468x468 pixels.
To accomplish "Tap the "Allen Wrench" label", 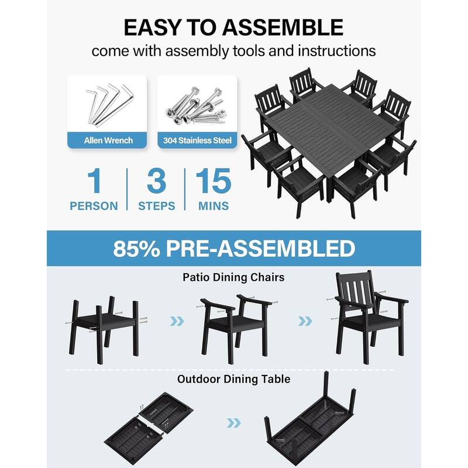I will point(108,140).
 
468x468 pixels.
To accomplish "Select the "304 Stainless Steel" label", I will point(197,140).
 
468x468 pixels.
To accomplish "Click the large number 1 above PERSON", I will point(94,183).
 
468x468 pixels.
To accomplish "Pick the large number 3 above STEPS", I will point(156,183).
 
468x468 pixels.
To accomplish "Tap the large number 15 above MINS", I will point(213,183).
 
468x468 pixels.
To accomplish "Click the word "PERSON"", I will point(94,206).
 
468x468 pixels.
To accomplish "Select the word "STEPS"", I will point(156,206).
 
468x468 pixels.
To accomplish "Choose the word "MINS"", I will point(213,206).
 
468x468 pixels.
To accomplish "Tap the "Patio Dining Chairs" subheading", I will point(233,277).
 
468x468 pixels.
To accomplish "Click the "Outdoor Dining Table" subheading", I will point(233,379).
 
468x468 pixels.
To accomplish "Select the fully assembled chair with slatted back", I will point(370,316).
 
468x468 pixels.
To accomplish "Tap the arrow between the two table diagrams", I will point(233,422).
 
